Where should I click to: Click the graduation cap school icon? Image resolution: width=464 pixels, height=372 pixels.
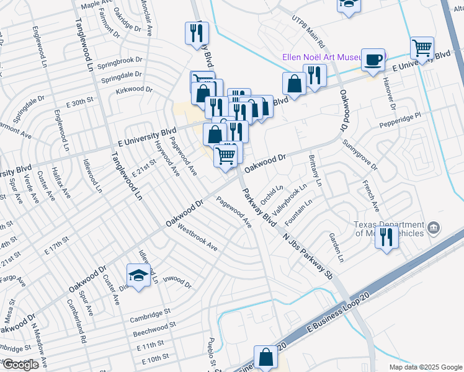point(139,276)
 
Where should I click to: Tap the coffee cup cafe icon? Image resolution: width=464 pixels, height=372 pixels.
point(373,60)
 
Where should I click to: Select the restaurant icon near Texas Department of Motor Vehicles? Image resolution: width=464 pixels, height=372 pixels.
point(387,237)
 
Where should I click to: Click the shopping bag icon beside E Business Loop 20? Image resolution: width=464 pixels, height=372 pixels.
point(265,358)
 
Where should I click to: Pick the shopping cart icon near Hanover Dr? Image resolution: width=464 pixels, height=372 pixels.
point(422,48)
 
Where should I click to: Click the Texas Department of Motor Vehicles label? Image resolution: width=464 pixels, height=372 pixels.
point(389,229)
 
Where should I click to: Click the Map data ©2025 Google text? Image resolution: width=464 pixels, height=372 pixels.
point(425,367)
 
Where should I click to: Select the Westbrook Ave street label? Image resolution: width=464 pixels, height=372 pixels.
point(197,237)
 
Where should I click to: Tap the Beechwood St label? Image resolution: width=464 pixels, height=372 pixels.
point(154,329)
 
